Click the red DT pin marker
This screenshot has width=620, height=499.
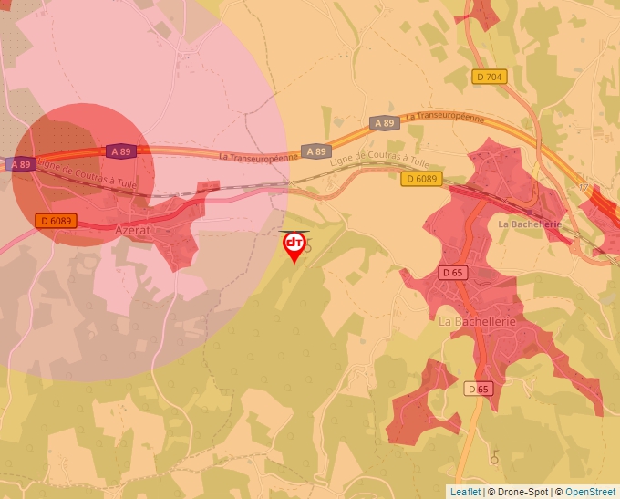click(x=294, y=244)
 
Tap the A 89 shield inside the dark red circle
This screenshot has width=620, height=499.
click(x=120, y=151)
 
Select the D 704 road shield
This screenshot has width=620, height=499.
click(x=489, y=78)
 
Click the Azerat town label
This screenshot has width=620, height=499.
click(x=132, y=231)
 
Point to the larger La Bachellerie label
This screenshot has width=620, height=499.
click(x=477, y=322)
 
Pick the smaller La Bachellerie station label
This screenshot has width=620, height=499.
click(x=529, y=224)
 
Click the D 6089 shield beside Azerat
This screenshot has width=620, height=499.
click(x=57, y=221)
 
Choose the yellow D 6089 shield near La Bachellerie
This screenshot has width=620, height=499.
click(x=421, y=179)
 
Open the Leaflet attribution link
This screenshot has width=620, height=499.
click(x=465, y=492)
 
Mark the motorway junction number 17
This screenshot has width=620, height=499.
click(x=584, y=188)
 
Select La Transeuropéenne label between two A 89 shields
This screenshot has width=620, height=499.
click(x=258, y=156)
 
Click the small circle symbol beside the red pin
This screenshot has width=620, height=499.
click(x=308, y=247)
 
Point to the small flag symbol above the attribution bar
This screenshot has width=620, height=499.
click(x=495, y=455)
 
